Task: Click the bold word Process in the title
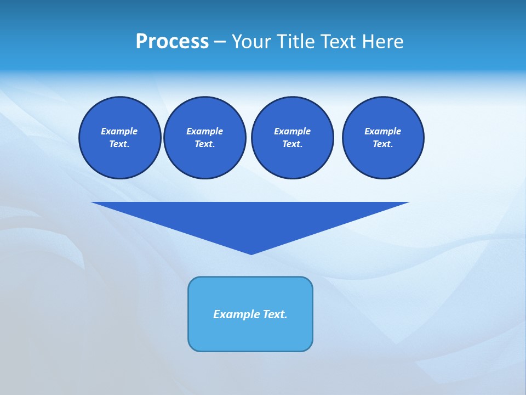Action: coord(172,42)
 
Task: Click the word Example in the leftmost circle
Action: coord(119,131)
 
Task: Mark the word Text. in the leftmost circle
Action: coord(119,144)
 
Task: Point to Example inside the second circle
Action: coord(204,131)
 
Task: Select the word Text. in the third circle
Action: coord(292,144)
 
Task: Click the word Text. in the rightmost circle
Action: coord(382,144)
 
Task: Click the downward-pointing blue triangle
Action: coord(250,219)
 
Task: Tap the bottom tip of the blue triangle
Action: coord(251,253)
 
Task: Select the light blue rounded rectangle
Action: coord(250,335)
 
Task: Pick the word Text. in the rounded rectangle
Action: coord(275,314)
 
